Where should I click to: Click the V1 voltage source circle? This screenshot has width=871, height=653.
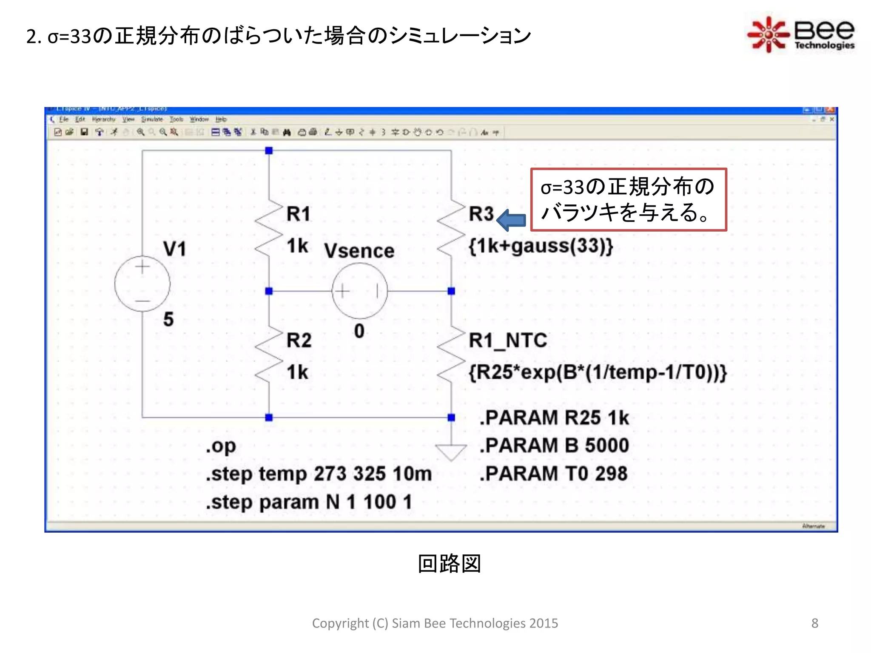point(142,284)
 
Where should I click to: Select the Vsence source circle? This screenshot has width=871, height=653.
point(359,291)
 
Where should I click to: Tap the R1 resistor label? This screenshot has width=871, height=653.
point(299,214)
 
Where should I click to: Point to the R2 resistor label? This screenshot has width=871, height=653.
point(299,340)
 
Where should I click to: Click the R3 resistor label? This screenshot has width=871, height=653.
point(481,214)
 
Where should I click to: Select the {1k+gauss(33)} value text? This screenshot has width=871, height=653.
point(541,246)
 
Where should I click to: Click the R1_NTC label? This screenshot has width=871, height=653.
point(507,340)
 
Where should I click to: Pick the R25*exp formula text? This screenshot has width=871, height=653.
point(598,372)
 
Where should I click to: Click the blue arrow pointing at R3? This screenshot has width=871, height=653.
point(511,220)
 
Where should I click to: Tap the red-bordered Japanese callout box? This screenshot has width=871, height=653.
point(628,200)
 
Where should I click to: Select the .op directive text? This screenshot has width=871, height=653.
point(221,446)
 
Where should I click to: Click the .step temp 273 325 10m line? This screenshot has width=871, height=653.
point(319,474)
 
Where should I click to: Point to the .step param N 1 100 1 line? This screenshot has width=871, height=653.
point(309,502)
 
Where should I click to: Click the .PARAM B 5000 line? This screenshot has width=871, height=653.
point(554,446)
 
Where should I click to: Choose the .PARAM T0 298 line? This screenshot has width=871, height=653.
point(553,474)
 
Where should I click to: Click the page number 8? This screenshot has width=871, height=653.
point(814,623)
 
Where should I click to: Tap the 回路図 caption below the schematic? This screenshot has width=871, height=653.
point(449,564)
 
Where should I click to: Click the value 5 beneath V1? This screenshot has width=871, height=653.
point(168,319)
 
